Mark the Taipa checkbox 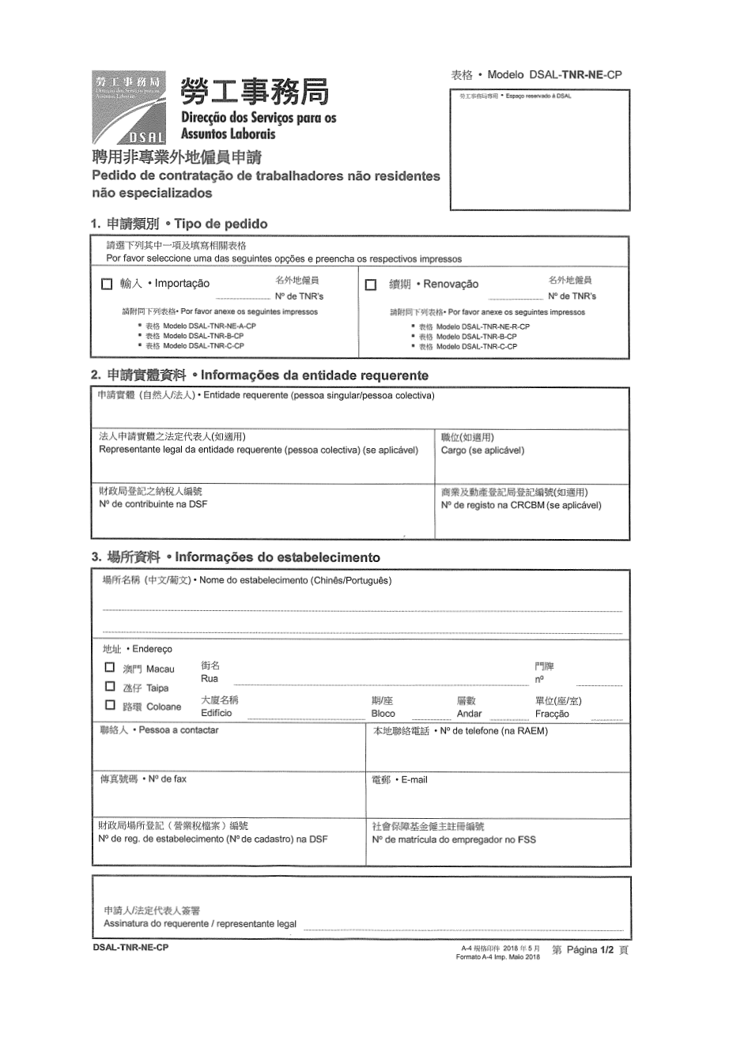click(110, 686)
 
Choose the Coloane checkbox click(110, 705)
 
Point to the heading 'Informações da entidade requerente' click(314, 375)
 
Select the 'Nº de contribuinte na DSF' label click(153, 504)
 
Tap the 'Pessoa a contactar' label click(179, 730)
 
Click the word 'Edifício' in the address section click(217, 712)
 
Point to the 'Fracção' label click(552, 714)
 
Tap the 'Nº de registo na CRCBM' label click(521, 505)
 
